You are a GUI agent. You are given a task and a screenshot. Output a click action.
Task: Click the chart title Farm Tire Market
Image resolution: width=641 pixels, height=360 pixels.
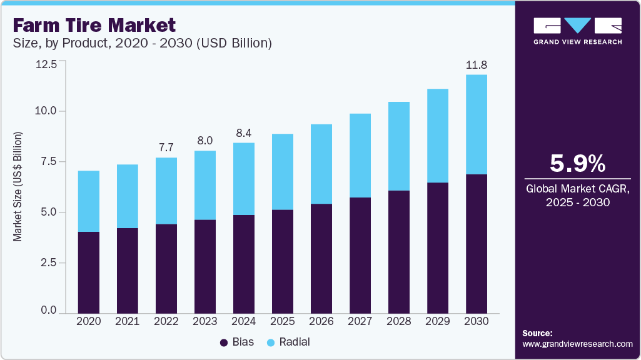(94, 26)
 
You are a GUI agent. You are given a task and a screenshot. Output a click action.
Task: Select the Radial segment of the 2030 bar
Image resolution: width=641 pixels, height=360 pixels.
(476, 124)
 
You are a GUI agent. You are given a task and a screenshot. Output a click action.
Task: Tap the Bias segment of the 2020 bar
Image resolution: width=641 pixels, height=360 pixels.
(88, 272)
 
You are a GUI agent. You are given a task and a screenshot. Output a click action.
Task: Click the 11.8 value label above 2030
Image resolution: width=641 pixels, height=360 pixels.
(476, 65)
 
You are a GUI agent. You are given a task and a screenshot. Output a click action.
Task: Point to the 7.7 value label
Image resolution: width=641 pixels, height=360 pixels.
(166, 147)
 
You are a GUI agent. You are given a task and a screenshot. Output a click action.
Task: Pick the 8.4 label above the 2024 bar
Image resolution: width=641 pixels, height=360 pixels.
(243, 132)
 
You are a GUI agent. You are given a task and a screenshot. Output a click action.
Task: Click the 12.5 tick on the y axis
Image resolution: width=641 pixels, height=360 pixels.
(47, 64)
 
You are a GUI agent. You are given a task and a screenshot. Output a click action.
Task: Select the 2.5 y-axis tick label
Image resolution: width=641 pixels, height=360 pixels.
(49, 263)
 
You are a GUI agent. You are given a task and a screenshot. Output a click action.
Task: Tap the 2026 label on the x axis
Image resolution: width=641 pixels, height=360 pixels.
(321, 321)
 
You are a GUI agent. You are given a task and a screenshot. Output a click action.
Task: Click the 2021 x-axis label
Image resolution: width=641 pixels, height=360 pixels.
(127, 321)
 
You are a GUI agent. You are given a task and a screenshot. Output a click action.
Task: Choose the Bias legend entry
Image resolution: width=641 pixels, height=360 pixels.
(236, 342)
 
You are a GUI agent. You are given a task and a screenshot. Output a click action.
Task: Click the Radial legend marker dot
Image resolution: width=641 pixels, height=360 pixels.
(271, 342)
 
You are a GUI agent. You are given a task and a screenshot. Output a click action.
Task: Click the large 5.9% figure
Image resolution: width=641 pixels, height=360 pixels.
(577, 164)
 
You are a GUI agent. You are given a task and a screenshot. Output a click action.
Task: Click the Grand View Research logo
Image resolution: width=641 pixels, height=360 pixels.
(577, 31)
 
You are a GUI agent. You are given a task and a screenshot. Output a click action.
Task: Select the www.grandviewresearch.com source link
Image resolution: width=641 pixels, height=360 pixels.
(577, 344)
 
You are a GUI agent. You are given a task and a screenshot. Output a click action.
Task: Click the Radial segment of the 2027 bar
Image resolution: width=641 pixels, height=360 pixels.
(360, 156)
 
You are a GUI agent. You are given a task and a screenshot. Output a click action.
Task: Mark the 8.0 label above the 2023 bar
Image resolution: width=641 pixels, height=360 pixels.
(204, 140)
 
